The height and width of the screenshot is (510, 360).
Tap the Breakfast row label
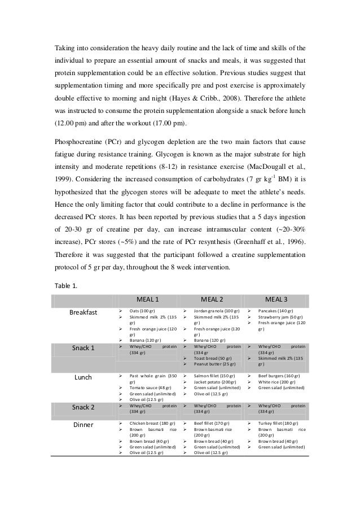(83, 312)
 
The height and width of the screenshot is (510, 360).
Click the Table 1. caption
(67, 285)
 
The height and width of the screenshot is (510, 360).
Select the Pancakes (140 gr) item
(275, 311)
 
